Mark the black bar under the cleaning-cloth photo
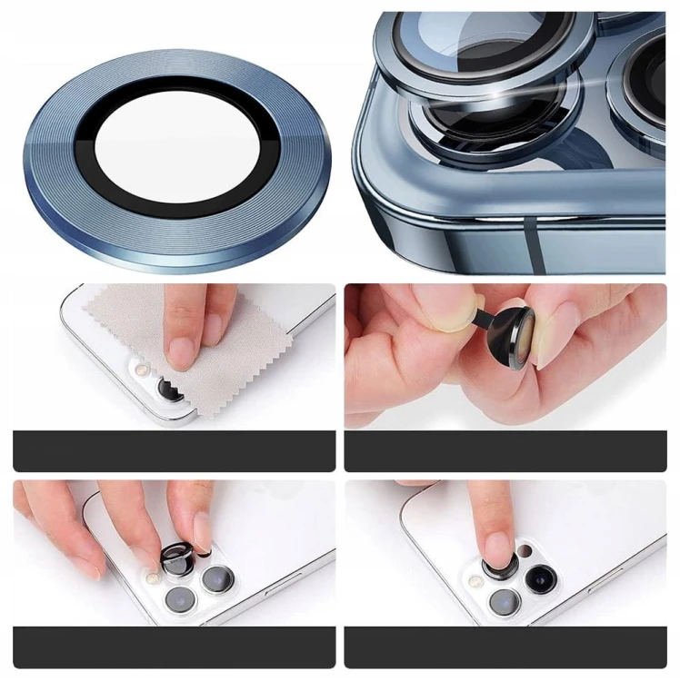point(174,450)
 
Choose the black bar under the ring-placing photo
point(174,646)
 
